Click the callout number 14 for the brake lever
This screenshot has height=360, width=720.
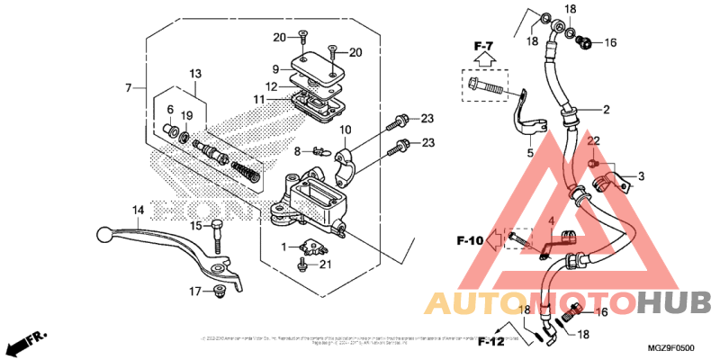pos(138,211)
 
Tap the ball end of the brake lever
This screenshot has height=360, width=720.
pos(102,234)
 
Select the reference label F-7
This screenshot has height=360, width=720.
pos(485,45)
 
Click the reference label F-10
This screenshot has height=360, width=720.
pos(472,240)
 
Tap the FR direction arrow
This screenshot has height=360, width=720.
pos(26,343)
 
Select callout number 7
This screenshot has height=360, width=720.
pos(130,87)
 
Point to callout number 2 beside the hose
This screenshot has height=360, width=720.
pos(607,110)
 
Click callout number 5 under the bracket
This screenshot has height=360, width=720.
pos(530,153)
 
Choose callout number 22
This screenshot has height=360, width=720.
pos(594,141)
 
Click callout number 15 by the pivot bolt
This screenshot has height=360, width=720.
pos(195,225)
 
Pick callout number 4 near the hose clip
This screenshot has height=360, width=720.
pos(550,220)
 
